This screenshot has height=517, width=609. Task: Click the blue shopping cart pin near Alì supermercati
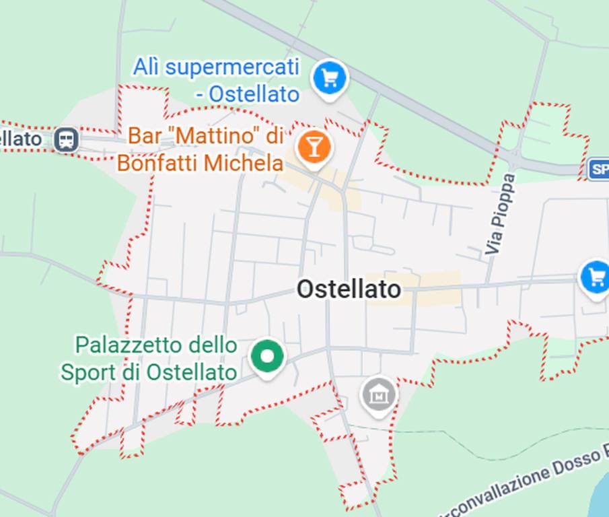click(x=329, y=79)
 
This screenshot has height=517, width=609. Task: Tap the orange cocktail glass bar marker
click(x=313, y=146)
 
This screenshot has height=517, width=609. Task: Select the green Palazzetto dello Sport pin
click(x=267, y=357)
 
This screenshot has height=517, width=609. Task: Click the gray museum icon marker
click(x=378, y=394)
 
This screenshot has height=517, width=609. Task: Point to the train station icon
click(x=67, y=140)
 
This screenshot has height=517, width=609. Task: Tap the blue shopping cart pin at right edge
click(x=596, y=277)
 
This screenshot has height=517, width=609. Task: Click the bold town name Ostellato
click(x=349, y=289)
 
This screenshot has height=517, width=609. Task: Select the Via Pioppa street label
click(x=501, y=214)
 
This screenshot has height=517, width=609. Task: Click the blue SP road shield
click(x=598, y=169)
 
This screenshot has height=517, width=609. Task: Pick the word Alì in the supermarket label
click(x=147, y=67)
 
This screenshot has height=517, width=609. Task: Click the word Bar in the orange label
click(x=145, y=136)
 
